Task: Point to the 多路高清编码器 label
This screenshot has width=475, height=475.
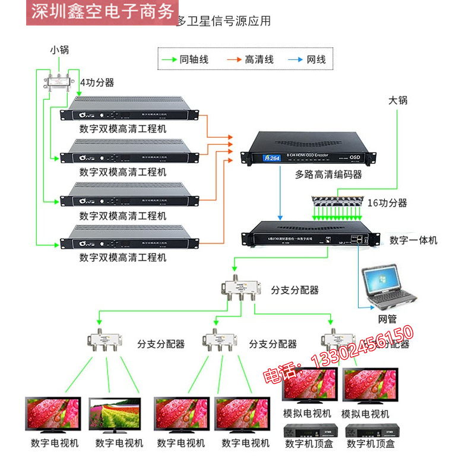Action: (328, 175)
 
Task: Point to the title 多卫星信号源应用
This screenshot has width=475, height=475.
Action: (223, 21)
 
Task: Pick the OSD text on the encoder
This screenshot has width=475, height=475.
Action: (355, 157)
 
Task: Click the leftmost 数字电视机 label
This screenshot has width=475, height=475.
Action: (55, 443)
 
